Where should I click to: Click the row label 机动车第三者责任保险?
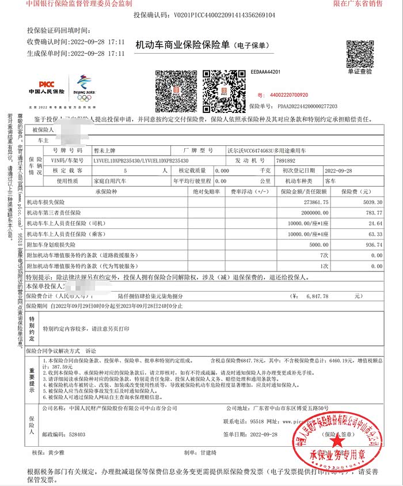pyautogui.click(x=54, y=213)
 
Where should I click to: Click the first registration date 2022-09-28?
pyautogui.click(x=340, y=171)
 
